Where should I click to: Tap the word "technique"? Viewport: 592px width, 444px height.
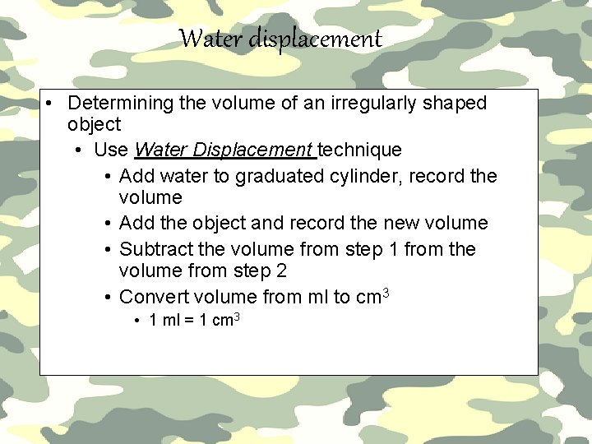pos(359,150)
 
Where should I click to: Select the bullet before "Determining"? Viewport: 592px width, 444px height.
pos(51,104)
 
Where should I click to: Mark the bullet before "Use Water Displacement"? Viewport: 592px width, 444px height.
pos(76,150)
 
